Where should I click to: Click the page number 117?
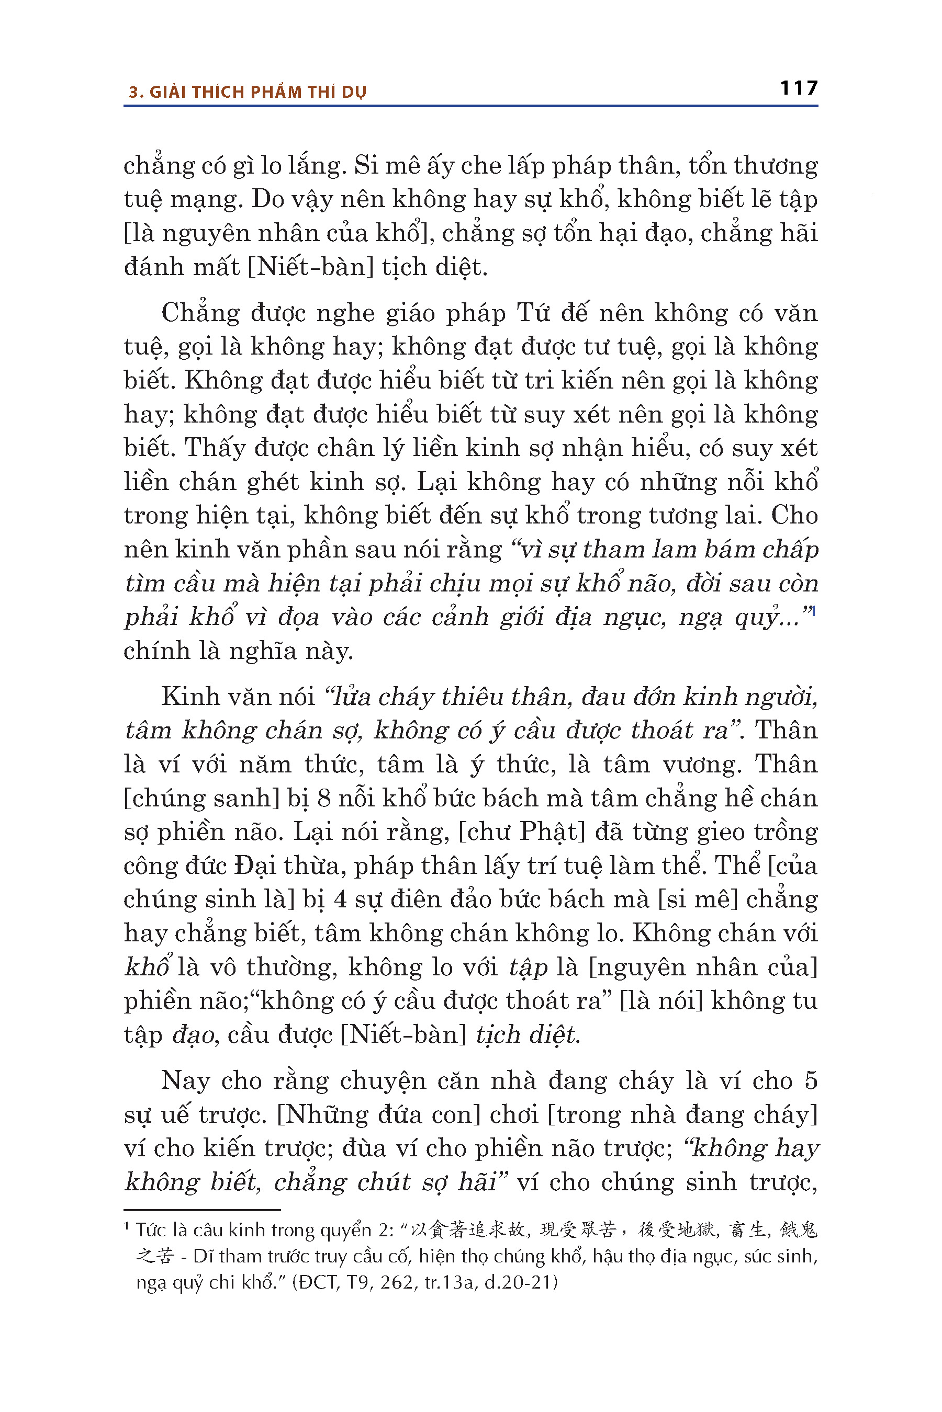(799, 88)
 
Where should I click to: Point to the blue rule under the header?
(470, 106)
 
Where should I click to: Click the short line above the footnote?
(202, 1210)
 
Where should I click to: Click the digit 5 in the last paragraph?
(811, 1080)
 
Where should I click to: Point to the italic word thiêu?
(472, 697)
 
